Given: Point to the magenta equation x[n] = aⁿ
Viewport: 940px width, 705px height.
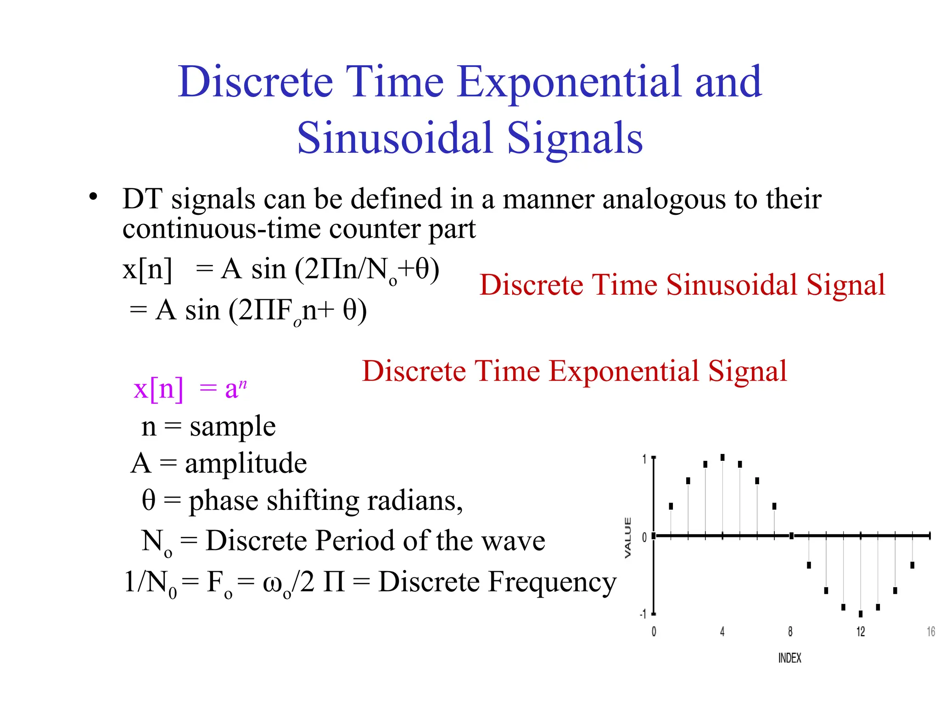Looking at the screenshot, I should pyautogui.click(x=190, y=389).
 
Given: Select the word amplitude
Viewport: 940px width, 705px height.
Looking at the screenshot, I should pyautogui.click(x=246, y=463).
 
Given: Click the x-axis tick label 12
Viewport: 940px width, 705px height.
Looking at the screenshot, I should pyautogui.click(x=860, y=632).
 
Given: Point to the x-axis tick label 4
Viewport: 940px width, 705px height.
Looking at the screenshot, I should pyautogui.click(x=722, y=632).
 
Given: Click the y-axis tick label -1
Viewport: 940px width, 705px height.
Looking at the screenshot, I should pyautogui.click(x=643, y=614).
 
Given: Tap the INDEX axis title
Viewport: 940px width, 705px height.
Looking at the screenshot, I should pyautogui.click(x=789, y=658).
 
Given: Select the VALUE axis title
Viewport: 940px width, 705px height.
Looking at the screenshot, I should pyautogui.click(x=628, y=537).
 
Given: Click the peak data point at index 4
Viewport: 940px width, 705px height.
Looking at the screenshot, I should pyautogui.click(x=722, y=458).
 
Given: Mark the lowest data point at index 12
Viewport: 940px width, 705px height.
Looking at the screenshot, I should pyautogui.click(x=861, y=614).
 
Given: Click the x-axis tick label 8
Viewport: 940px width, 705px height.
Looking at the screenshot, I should pyautogui.click(x=790, y=632).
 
